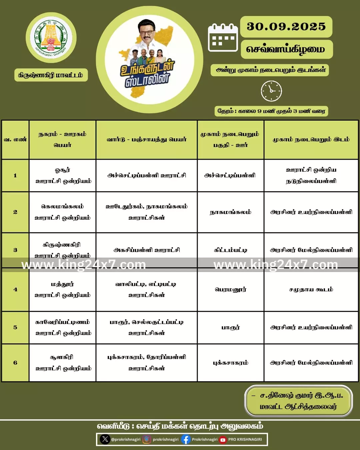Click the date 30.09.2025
(x=286, y=27)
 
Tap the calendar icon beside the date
(x=223, y=37)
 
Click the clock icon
(x=271, y=91)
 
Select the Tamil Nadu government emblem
(x=51, y=38)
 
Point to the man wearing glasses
(x=147, y=33)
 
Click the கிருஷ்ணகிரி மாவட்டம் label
(x=51, y=75)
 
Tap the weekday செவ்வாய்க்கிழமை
(x=286, y=49)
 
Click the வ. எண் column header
(x=15, y=139)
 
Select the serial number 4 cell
(x=15, y=289)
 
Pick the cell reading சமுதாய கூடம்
(x=311, y=289)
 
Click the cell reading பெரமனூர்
(x=230, y=289)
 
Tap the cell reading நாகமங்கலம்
(x=230, y=212)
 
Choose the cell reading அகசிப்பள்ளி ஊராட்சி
(x=147, y=250)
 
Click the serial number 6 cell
(x=15, y=363)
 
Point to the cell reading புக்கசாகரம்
(x=230, y=363)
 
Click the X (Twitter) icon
(x=105, y=439)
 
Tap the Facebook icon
(x=186, y=439)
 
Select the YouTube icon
(x=223, y=440)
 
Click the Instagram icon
(x=147, y=439)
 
